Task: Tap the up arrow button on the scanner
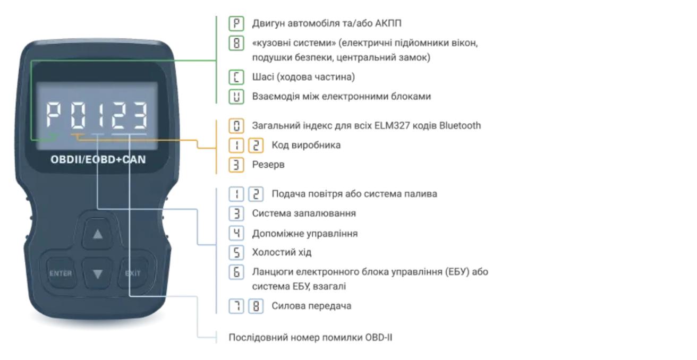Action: [97, 234]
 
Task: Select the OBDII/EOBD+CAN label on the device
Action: [98, 161]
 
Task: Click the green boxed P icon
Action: [234, 23]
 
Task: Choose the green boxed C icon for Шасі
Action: [234, 78]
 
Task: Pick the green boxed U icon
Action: [234, 97]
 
